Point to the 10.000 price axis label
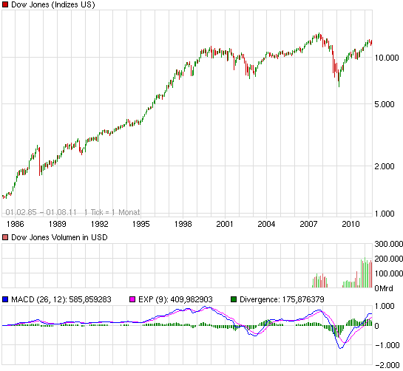click(388, 58)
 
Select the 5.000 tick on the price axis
click(388, 105)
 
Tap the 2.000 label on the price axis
click(388, 167)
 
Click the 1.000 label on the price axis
click(388, 214)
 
